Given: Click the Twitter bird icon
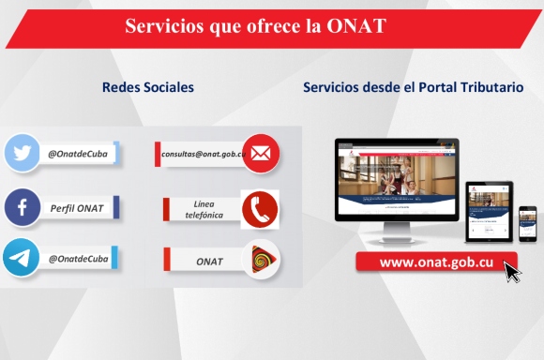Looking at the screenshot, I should tap(21, 154).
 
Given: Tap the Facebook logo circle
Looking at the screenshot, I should tap(21, 207).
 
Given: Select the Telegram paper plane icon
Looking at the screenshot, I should tap(21, 259).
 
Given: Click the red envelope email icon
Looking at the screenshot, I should tap(261, 154).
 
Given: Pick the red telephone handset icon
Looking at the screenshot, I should tap(260, 209).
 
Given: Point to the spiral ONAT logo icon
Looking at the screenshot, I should tap(261, 261).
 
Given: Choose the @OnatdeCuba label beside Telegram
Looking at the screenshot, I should tap(78, 259).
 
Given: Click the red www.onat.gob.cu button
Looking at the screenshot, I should tap(436, 262).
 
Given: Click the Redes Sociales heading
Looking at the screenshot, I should tap(148, 87).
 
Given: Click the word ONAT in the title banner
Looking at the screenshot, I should tap(356, 27).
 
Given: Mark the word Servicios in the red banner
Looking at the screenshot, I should tap(162, 27).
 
